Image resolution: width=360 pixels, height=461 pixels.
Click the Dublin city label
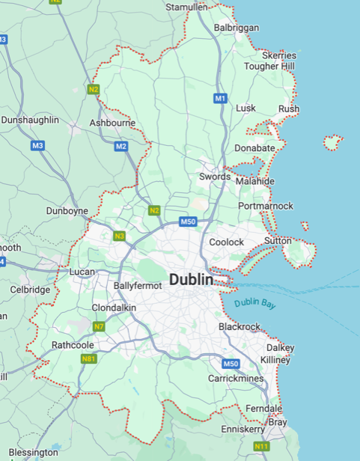coord(191,280)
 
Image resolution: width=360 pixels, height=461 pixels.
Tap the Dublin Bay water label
coord(255,303)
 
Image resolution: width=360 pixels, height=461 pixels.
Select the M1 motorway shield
coord(220,98)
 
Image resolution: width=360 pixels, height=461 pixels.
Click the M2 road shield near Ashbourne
coord(121,146)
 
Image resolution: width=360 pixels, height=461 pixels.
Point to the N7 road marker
coord(100,326)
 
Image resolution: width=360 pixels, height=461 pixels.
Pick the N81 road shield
coord(88,358)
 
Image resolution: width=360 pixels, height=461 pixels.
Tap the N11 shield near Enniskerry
coord(261,447)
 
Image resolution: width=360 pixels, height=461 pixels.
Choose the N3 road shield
coord(119,236)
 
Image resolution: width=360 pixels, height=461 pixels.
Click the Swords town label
coord(215,177)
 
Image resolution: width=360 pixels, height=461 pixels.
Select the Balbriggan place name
coord(237,28)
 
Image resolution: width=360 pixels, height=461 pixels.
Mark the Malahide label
coord(254,181)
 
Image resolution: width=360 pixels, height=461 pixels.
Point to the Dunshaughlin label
coord(29,120)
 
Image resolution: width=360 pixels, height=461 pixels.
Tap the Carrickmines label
coord(236,379)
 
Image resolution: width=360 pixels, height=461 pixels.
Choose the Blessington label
coord(34,452)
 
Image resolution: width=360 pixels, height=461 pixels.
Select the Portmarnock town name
coord(266,206)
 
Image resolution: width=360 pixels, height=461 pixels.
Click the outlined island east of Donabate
coord(332,141)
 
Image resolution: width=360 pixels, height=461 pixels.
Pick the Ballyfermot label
coord(138,286)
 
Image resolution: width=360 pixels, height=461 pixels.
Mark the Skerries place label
coord(278,55)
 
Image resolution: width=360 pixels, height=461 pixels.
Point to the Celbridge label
coord(30,290)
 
